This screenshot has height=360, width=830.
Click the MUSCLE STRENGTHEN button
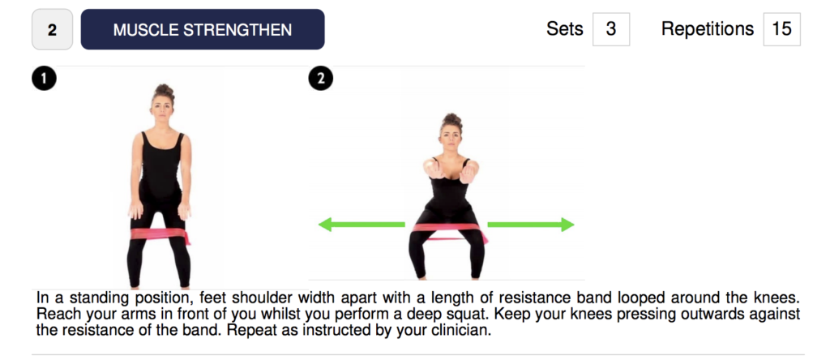pyautogui.click(x=202, y=29)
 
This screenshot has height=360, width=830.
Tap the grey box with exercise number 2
pyautogui.click(x=52, y=30)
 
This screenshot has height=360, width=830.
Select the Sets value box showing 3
pyautogui.click(x=611, y=29)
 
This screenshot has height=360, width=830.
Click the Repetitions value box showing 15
pyautogui.click(x=781, y=29)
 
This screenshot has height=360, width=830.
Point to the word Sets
pyautogui.click(x=565, y=29)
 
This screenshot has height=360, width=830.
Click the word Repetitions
pyautogui.click(x=707, y=29)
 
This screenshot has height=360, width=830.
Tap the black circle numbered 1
pyautogui.click(x=44, y=79)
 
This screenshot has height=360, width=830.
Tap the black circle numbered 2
pyautogui.click(x=320, y=79)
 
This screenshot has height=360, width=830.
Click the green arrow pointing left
pyautogui.click(x=362, y=225)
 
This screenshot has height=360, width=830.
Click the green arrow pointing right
pyautogui.click(x=530, y=225)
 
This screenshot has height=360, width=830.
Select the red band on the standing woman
pyautogui.click(x=160, y=234)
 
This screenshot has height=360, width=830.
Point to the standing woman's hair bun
pyautogui.click(x=163, y=90)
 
